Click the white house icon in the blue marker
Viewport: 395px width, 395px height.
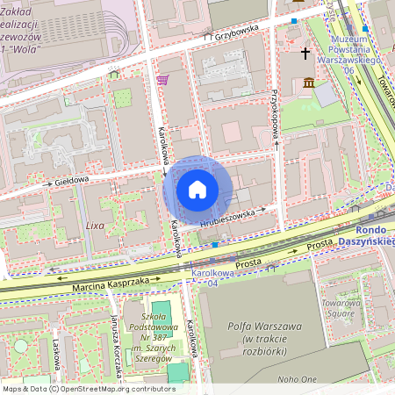197,189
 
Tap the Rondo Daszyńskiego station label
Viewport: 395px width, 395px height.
367,235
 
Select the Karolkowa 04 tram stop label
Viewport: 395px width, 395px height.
209,278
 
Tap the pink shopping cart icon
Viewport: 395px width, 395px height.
162,80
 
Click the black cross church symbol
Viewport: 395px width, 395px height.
306,54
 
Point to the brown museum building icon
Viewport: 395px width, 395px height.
308,83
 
